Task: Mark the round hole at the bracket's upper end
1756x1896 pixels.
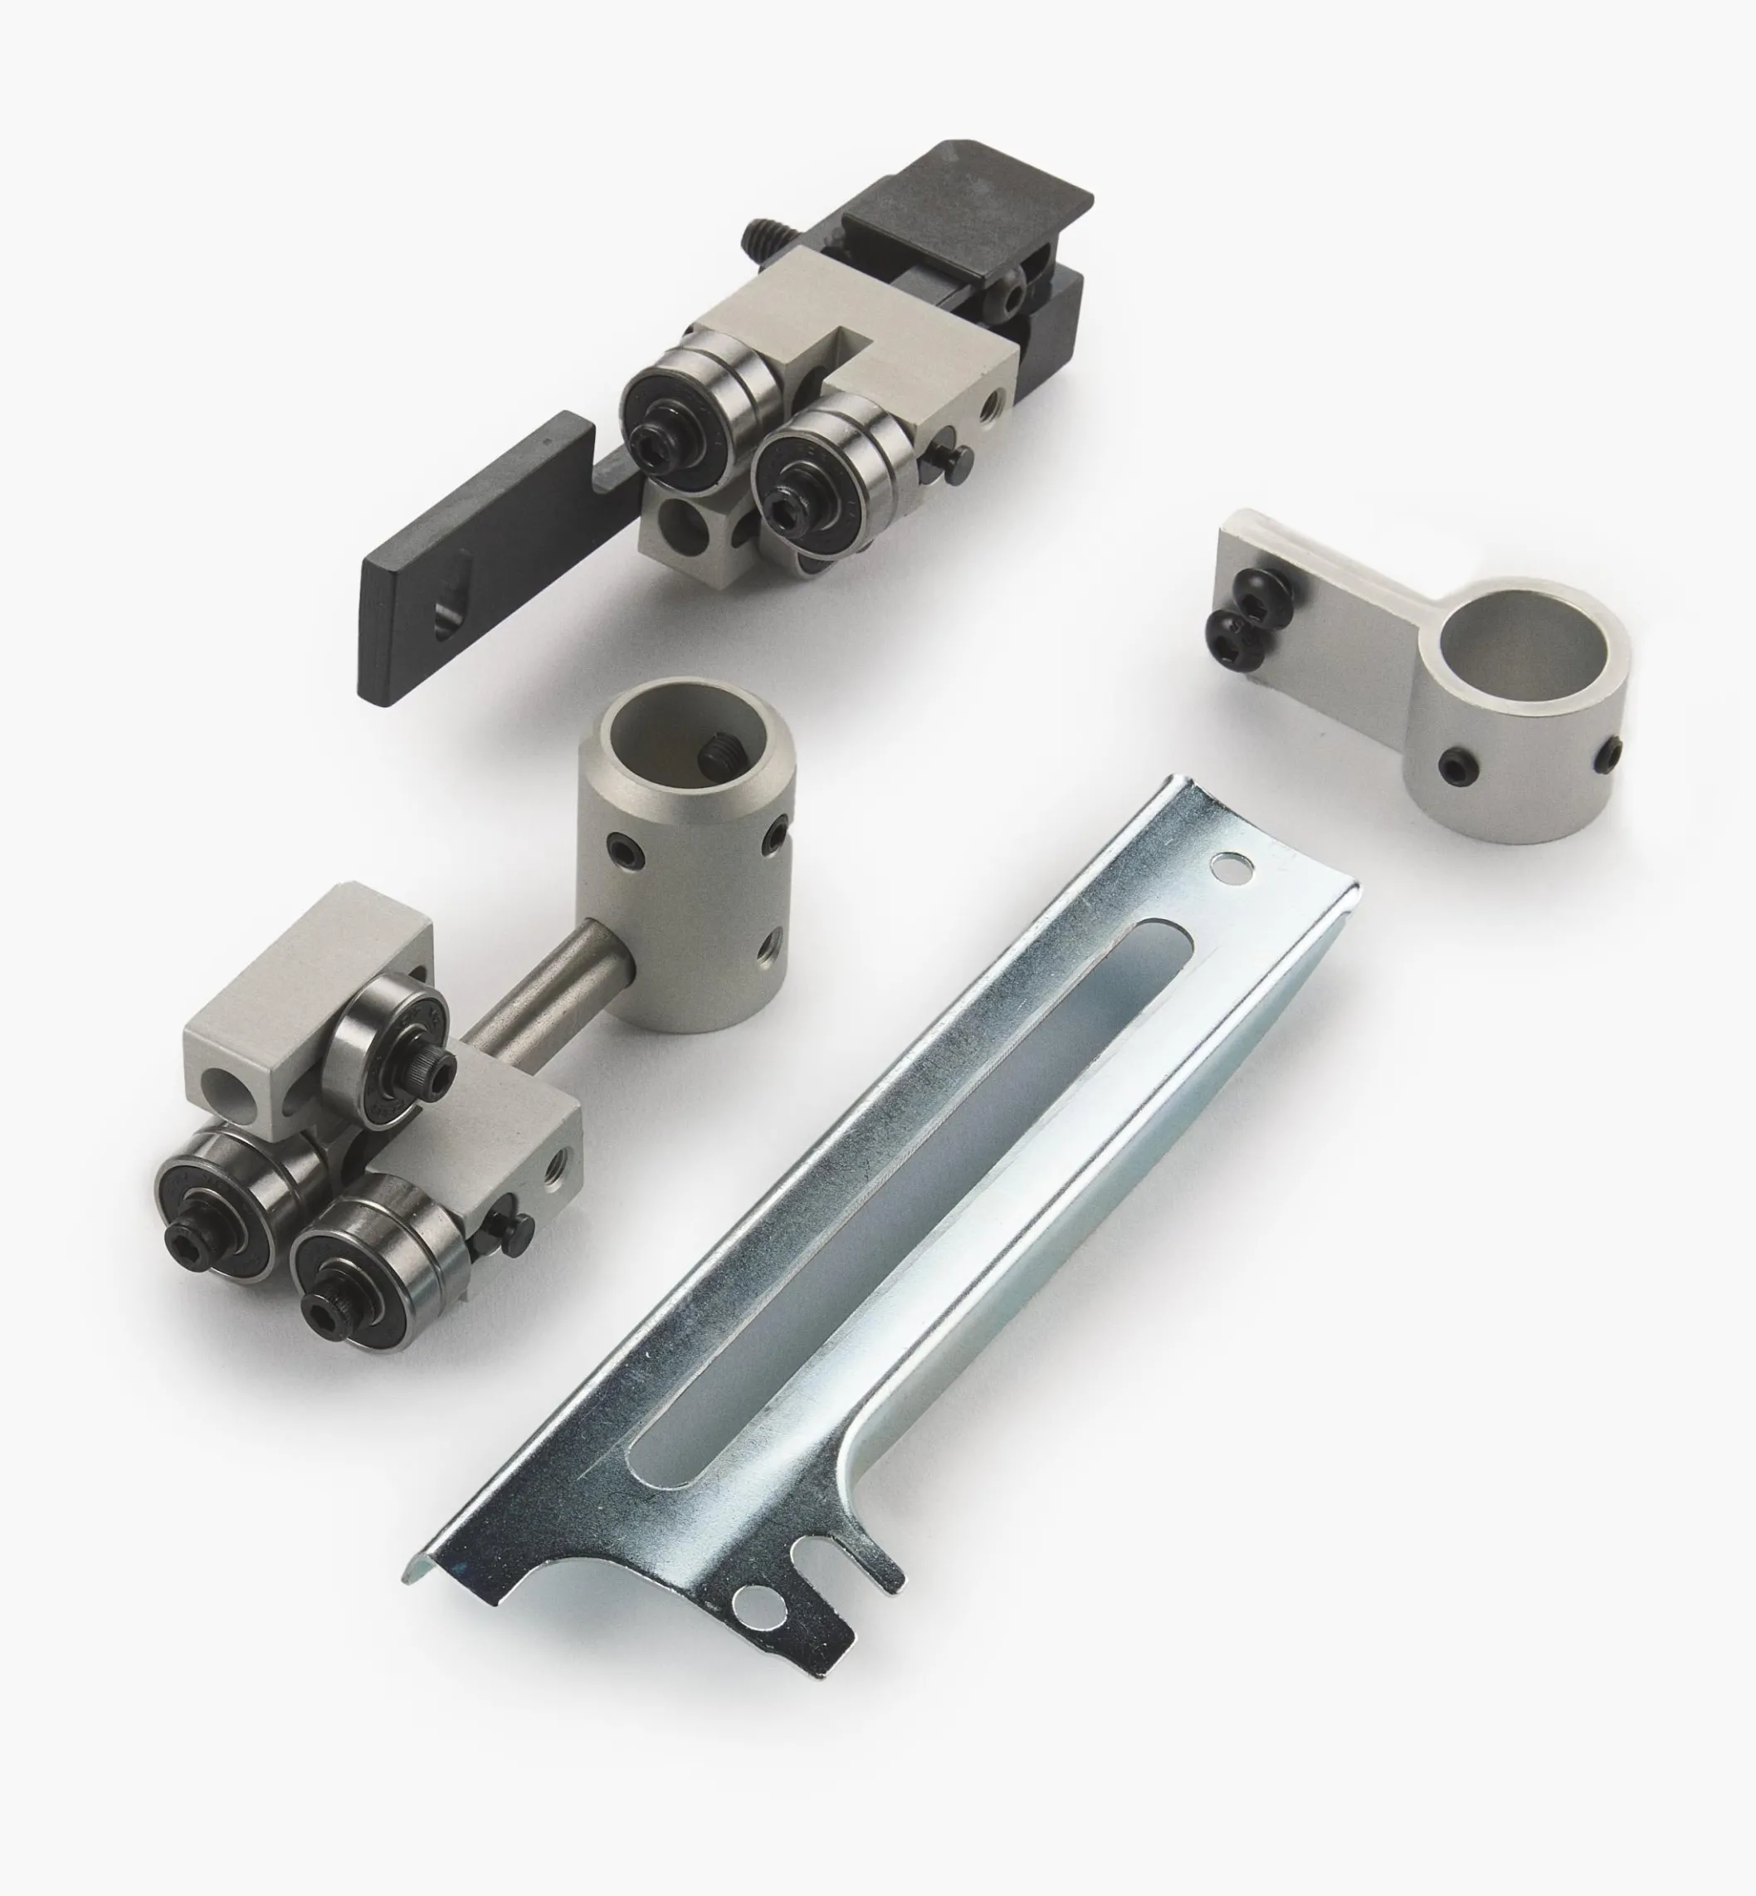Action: [x=1232, y=866]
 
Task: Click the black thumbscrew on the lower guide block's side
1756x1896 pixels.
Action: [x=514, y=1234]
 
